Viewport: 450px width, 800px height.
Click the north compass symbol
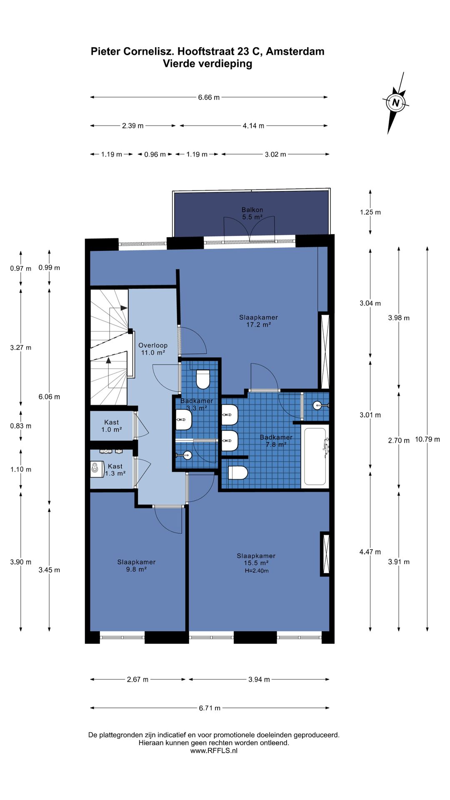(x=395, y=103)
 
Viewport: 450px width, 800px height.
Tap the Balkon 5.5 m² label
(x=252, y=213)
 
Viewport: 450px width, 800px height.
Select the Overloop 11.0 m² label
(x=153, y=349)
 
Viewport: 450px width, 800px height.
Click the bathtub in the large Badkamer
(x=315, y=457)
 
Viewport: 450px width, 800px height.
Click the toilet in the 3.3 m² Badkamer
(x=203, y=378)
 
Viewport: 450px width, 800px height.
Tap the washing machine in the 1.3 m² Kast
(x=97, y=469)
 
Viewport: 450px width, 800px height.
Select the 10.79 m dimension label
(x=427, y=439)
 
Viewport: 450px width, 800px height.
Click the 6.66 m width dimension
(x=209, y=97)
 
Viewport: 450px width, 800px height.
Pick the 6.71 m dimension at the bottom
(x=210, y=707)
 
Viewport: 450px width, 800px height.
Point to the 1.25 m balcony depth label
(x=370, y=212)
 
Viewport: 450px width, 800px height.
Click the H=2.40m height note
(x=257, y=571)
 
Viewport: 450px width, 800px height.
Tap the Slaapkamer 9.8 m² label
(x=136, y=565)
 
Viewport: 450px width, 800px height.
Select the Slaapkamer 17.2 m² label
(x=258, y=321)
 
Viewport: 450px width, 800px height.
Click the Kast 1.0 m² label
(x=112, y=426)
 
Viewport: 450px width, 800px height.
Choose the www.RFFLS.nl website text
(x=214, y=750)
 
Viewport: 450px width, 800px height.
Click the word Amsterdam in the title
(x=295, y=51)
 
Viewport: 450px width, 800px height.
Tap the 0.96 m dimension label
(x=155, y=154)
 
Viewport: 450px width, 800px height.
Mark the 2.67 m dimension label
(x=137, y=679)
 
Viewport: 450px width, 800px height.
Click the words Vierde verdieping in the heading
(x=207, y=64)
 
